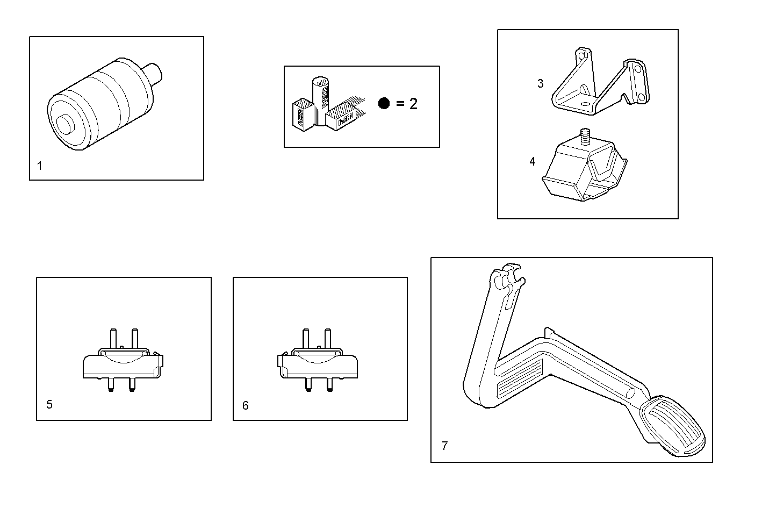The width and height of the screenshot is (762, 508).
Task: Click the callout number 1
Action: [40, 166]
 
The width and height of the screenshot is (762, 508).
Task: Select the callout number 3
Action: [540, 83]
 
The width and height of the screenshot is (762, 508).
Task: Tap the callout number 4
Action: [533, 161]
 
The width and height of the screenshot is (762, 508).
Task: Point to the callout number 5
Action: [49, 404]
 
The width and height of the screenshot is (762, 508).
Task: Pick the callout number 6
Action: [246, 405]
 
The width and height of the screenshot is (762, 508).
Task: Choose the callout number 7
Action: [444, 446]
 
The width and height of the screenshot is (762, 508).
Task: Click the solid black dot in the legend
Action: [384, 103]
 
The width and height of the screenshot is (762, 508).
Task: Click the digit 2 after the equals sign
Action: [413, 104]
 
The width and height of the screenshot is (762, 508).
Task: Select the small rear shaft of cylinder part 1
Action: [156, 73]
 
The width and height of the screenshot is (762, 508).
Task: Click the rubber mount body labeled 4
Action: [580, 172]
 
